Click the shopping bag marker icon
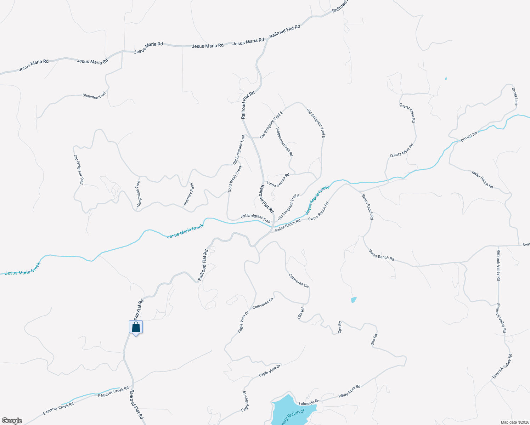coord(136,327)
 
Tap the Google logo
coord(12,421)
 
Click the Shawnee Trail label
coord(94,96)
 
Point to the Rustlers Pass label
coord(189,194)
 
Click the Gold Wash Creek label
coord(235,179)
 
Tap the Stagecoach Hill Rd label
coord(284,142)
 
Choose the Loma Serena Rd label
coord(278,180)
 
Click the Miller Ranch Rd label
coord(482,179)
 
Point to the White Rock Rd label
coord(349,391)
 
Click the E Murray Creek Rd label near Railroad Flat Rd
coord(113,392)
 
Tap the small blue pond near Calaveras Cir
coord(354,300)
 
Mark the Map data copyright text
coord(514,422)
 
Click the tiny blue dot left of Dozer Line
coord(446,79)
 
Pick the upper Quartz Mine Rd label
coord(407,113)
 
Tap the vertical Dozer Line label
coord(515,96)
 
